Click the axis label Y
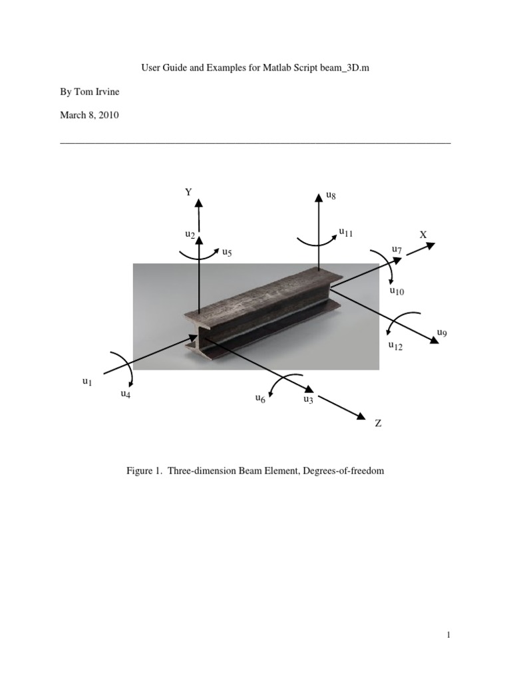tap(188, 192)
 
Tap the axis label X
tap(423, 235)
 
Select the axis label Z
tap(378, 424)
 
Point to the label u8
tap(331, 196)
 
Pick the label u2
tap(190, 234)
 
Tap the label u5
tap(227, 253)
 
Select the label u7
tap(397, 250)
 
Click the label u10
tap(397, 291)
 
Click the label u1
tap(86, 381)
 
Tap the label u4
tap(125, 394)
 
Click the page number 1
tap(449, 636)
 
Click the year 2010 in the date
tap(108, 115)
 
